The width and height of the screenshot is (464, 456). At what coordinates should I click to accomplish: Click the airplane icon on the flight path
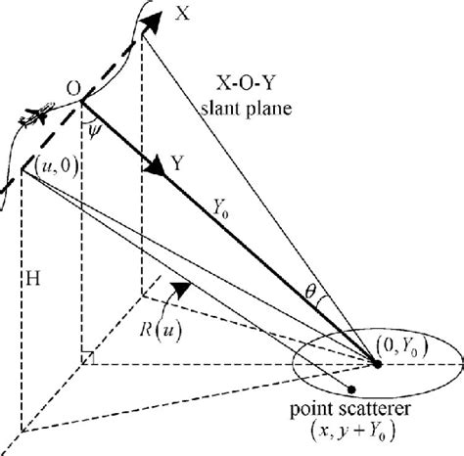(x=33, y=116)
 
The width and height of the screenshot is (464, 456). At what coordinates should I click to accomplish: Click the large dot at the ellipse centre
(x=378, y=364)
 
